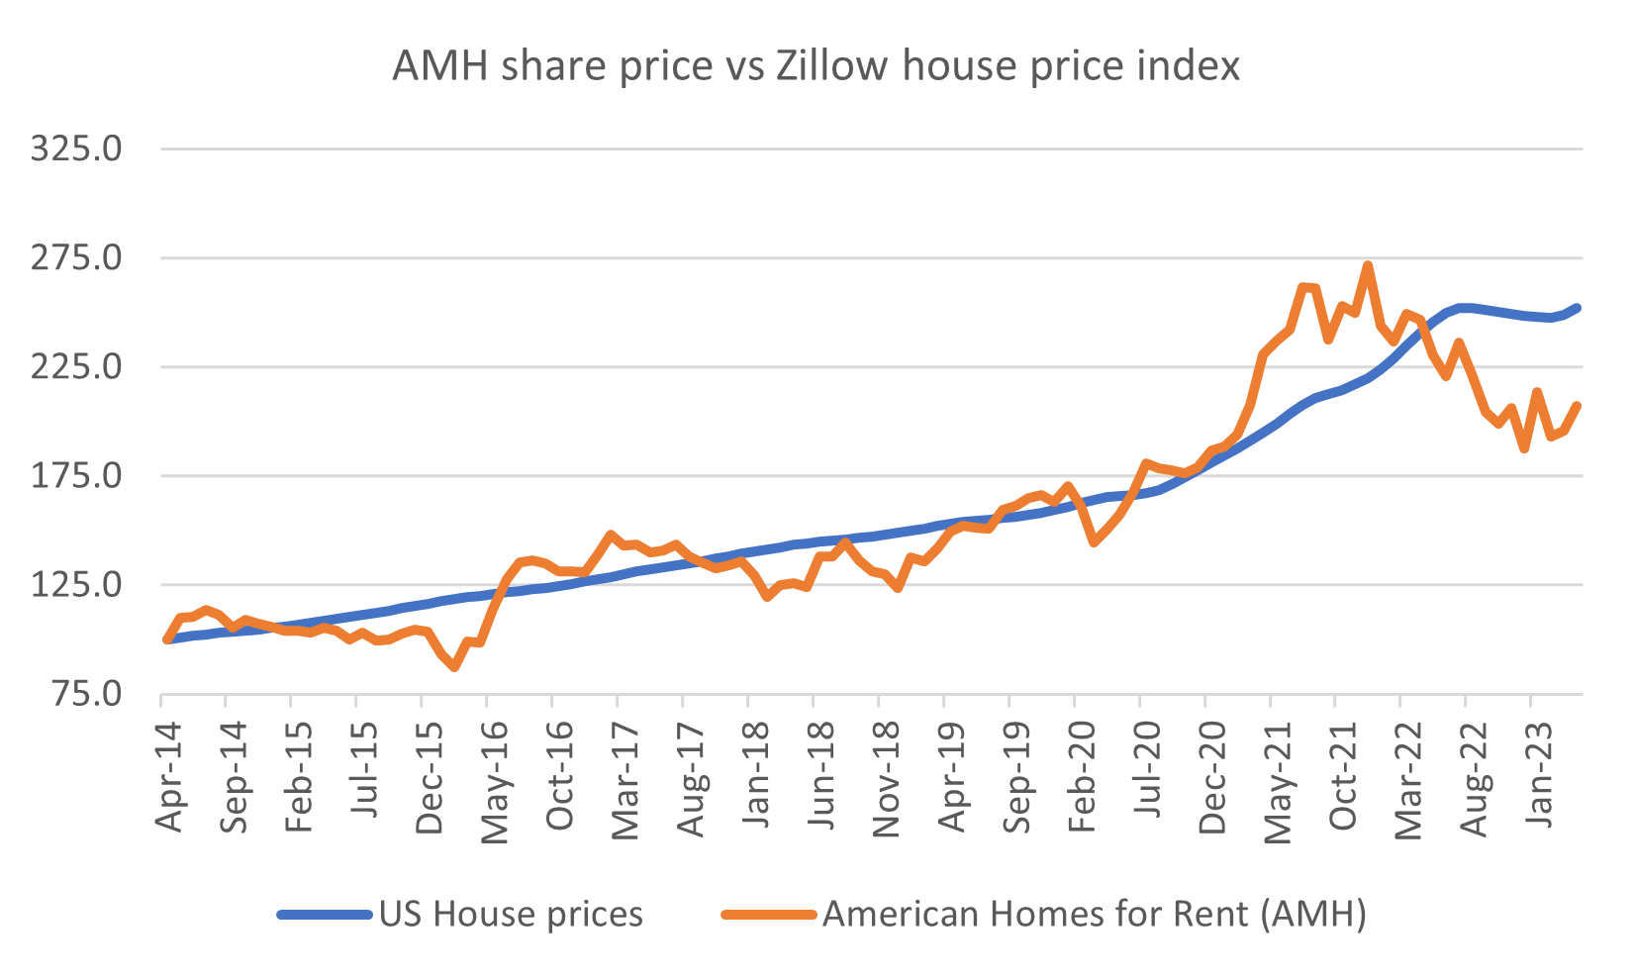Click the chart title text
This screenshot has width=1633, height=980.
[816, 66]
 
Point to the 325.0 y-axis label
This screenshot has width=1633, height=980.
[76, 149]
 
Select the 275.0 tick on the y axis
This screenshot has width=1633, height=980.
[76, 258]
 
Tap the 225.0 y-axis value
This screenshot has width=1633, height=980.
[76, 367]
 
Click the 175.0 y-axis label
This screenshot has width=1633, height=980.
[76, 476]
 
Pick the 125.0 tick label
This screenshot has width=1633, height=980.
[76, 585]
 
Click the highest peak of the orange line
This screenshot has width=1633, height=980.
[1367, 265]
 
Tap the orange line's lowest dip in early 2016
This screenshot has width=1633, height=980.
[454, 668]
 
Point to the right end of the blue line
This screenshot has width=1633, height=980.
[1578, 308]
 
